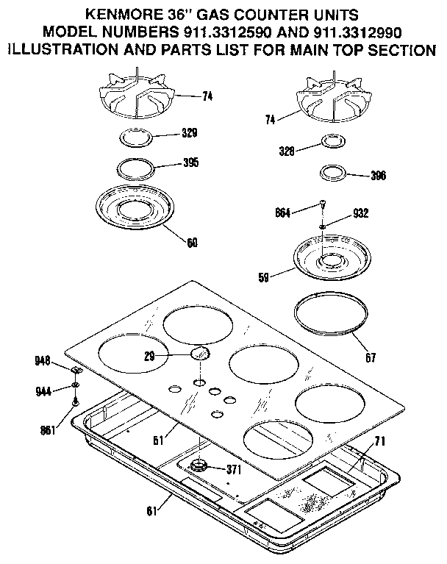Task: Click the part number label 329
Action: tap(190, 133)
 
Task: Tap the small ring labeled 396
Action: tap(333, 174)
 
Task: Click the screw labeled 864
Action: tap(322, 205)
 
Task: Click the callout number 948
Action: tap(43, 360)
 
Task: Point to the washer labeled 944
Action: tap(76, 385)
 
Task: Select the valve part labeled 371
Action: tap(199, 466)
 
